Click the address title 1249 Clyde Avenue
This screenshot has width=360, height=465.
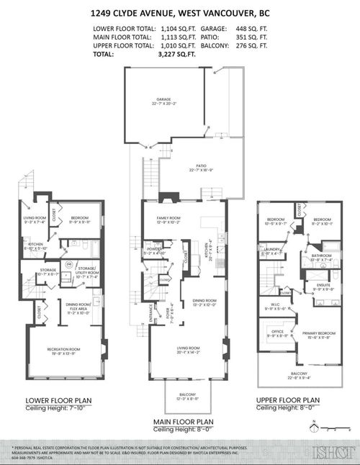[x=180, y=13]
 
